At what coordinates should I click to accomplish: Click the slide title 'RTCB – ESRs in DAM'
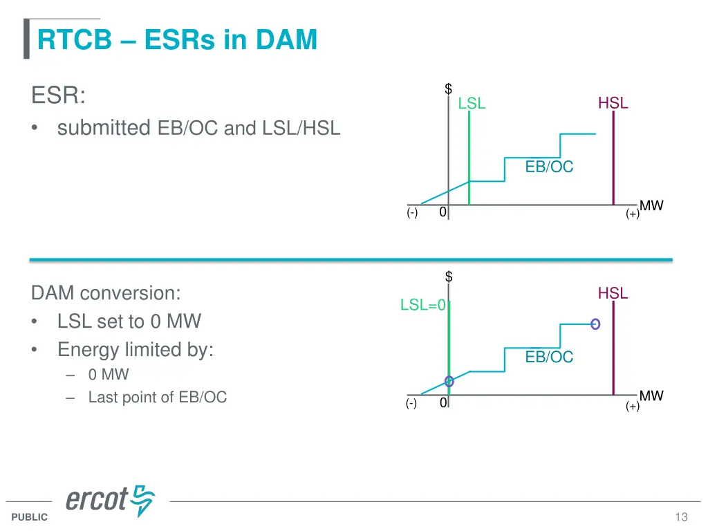177,39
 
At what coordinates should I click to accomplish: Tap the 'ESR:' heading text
58,95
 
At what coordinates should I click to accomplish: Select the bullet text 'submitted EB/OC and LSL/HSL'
198,128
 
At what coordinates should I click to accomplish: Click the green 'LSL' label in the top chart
472,104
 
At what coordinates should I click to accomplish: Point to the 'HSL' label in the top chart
613,103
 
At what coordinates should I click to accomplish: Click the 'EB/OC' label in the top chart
549,167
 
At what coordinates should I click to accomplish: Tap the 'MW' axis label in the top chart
651,205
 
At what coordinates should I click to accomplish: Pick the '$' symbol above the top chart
449,88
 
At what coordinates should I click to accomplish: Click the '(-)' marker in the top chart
412,213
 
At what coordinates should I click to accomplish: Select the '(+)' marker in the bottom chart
632,407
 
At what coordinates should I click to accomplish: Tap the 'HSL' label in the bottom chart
613,293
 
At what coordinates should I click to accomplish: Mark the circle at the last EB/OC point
595,324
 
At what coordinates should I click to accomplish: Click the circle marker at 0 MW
449,381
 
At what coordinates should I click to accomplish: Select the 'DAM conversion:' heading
106,293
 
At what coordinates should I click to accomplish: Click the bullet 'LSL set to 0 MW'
129,322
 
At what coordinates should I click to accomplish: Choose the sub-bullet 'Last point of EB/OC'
157,397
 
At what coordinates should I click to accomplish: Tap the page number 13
681,517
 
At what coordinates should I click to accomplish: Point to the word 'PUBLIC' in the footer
29,517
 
